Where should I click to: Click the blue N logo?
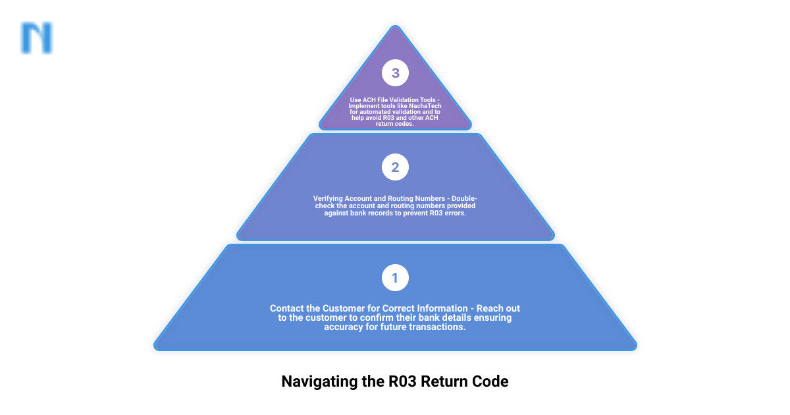click(x=37, y=38)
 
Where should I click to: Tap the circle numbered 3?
click(x=395, y=73)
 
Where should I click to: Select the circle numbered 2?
click(x=395, y=167)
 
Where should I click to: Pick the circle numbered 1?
click(x=395, y=278)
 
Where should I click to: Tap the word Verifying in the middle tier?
click(x=332, y=198)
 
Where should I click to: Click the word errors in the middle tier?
click(x=454, y=213)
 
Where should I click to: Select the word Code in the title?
click(x=491, y=381)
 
